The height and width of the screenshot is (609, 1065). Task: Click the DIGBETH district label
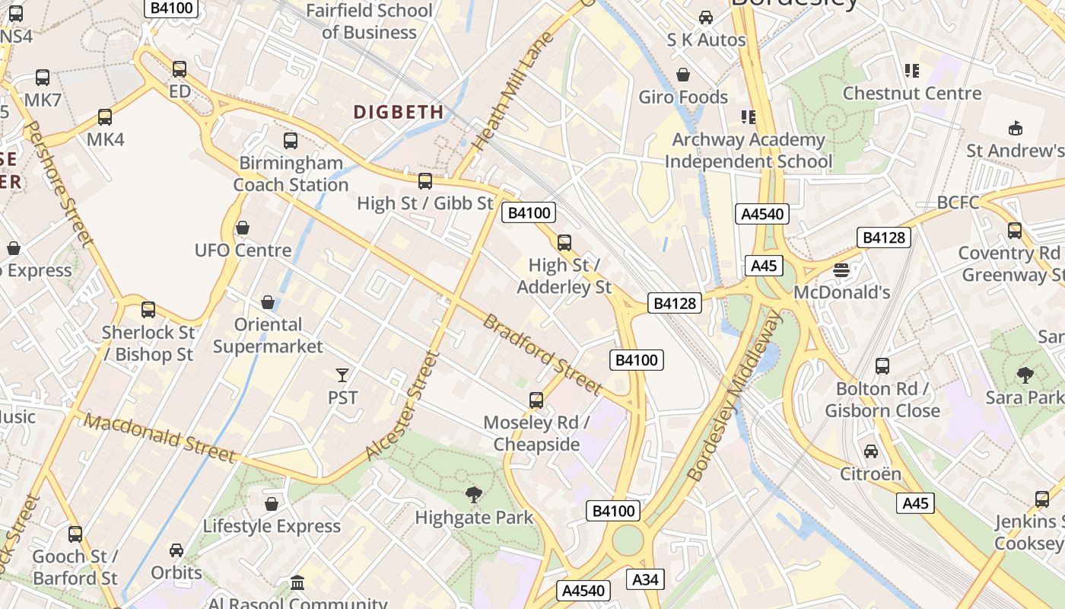pos(399,112)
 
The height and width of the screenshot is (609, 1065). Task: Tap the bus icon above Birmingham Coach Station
pos(291,141)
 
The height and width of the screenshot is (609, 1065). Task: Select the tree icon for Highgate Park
pos(474,496)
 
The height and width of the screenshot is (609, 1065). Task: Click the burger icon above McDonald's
pos(841,270)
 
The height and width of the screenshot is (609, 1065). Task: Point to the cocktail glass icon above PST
pos(342,375)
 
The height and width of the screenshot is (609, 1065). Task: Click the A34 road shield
pos(645,579)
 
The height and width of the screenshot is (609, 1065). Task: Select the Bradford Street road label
pos(542,355)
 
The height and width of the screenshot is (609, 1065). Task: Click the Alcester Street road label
pos(402,406)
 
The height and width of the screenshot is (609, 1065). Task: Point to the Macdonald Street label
pos(159,438)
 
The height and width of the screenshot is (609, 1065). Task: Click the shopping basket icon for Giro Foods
pos(683,75)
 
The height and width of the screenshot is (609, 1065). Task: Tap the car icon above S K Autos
pos(706,18)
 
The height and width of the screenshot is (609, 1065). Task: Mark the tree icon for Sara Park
pos(1025,375)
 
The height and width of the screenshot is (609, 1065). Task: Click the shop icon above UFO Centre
pos(243,228)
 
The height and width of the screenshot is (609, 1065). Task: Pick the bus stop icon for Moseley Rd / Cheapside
pos(536,400)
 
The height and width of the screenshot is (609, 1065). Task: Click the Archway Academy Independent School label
pos(749,150)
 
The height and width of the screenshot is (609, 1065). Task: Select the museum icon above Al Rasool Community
pos(297,582)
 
